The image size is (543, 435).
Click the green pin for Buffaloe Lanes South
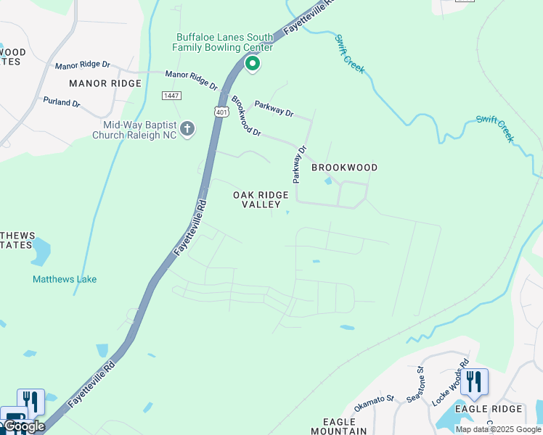253,65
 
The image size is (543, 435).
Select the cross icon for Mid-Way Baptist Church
187,129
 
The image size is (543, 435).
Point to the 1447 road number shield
171,96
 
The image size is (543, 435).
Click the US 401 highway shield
221,112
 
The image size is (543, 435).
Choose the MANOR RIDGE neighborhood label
105,83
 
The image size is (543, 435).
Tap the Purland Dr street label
61,102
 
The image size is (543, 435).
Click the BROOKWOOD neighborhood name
344,167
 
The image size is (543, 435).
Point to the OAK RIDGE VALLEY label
261,200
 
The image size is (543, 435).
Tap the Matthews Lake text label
65,279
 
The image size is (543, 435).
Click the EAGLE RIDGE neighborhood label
489,409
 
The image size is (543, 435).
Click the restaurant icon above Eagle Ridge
473,381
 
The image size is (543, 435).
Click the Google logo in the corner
23,426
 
